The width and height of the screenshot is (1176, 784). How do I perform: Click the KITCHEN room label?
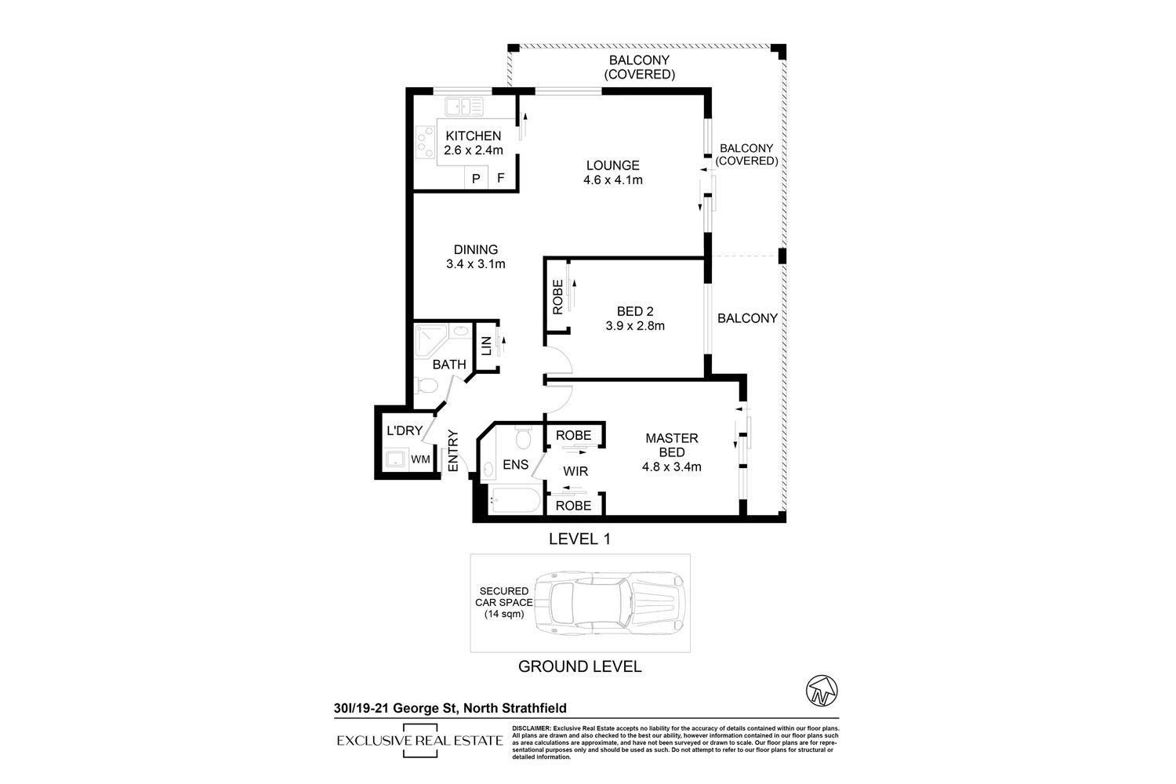[x=473, y=136]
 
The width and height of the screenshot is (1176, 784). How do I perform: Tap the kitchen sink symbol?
[x=464, y=107]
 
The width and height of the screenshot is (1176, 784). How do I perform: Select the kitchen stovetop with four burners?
[x=425, y=143]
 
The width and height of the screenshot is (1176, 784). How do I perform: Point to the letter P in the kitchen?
[x=476, y=179]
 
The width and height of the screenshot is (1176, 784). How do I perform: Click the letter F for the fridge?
[x=501, y=178]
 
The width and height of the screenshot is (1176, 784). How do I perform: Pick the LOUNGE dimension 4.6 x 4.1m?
[x=612, y=180]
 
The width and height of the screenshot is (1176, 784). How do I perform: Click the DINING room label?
[x=476, y=249]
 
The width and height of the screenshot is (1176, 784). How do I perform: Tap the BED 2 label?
[x=635, y=311]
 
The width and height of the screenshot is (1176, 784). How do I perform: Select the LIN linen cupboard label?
[x=487, y=346]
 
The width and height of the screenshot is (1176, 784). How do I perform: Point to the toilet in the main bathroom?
[x=426, y=386]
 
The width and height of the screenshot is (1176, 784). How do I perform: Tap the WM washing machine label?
[x=420, y=459]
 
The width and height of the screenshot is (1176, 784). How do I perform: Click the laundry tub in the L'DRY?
[x=395, y=459]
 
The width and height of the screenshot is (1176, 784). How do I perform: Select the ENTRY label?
[x=453, y=451]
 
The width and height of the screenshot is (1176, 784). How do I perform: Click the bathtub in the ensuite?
[x=514, y=500]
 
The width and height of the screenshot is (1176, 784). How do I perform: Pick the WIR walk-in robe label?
[x=575, y=471]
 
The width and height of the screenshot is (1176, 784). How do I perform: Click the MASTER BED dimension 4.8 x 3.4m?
[x=671, y=466]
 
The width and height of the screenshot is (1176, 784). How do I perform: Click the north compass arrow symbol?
[x=822, y=691]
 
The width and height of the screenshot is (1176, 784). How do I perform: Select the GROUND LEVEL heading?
[x=579, y=667]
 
